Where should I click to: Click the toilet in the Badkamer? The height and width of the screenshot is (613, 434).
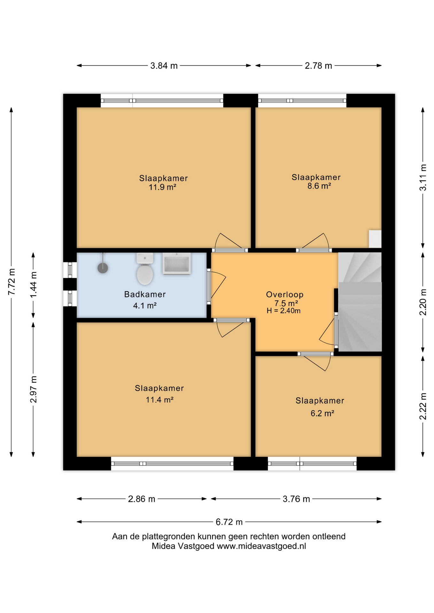coord(145,269)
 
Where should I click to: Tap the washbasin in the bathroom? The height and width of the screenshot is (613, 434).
coord(177,264)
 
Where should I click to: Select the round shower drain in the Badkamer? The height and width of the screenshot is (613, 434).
coord(103,268)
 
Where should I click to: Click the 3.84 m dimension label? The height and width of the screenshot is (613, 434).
coord(164,66)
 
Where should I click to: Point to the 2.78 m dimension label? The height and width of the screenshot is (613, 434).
coord(318,66)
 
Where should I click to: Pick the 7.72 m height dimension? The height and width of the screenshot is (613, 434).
coord(12,282)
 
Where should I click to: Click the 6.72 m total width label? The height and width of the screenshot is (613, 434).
coord(229,522)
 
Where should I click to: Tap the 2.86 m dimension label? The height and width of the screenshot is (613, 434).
coord(142,499)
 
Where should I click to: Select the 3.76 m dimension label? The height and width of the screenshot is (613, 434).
coord(296,499)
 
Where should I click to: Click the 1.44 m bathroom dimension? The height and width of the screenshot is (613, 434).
coord(33,284)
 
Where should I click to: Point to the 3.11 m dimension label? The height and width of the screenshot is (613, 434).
coord(423,178)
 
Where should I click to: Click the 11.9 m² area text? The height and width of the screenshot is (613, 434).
coord(162,187)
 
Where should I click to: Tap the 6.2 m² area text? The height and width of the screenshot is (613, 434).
coord(322,413)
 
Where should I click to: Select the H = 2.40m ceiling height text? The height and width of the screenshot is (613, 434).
coord(283,311)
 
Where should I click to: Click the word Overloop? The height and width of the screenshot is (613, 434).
coord(285,294)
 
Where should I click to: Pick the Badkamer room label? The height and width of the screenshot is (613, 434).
coord(145,294)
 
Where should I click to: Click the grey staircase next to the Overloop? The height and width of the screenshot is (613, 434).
coord(360,302)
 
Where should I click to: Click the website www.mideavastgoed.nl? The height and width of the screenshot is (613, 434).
coord(261,546)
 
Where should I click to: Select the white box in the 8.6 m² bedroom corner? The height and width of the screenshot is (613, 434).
coord(375,239)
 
